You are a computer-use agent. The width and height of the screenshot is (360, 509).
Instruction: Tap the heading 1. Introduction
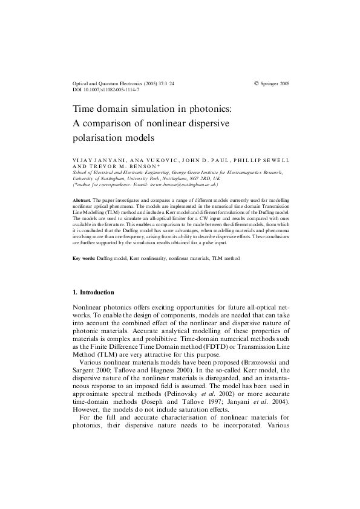tap(93, 293)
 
